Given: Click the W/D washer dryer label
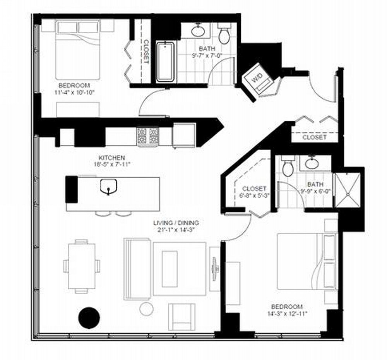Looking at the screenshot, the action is pos(257,79).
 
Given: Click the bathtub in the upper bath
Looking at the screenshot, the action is pos(166,62).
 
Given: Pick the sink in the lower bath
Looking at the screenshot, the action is pos(312,163).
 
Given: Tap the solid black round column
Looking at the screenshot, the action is pos(89,317).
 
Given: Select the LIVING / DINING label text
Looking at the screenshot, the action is pos(176,223).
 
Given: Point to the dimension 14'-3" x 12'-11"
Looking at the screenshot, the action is pos(287,314).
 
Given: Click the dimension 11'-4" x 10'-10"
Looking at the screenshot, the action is pos(75,93).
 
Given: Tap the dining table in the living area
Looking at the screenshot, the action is pos(82,266).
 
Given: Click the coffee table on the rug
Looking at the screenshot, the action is pos(170,269).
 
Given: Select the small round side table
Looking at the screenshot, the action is pos(146,309).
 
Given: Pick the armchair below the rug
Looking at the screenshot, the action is pos(182,317).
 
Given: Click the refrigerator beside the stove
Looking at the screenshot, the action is pos(184,135).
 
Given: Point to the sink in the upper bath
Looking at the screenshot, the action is pos(198,31).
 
